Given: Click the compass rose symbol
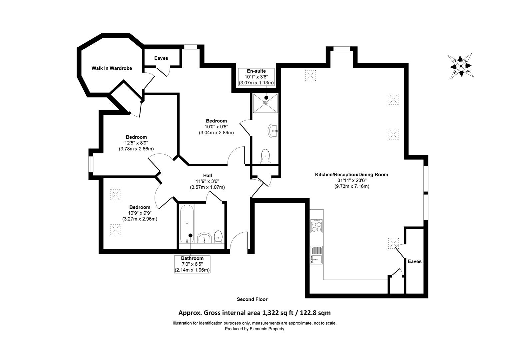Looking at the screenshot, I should [461, 66].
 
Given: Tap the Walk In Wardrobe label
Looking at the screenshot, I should [112, 68].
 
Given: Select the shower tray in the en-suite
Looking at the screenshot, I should [265, 103].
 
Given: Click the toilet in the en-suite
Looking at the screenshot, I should [265, 156].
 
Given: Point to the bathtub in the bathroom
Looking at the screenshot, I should [187, 224].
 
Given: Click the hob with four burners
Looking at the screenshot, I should [316, 226].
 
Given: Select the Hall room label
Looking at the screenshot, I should [208, 176].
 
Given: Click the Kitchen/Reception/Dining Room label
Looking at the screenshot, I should [351, 174].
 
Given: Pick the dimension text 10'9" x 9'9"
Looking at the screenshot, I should [140, 213].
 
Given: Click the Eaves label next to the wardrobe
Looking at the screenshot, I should [161, 58].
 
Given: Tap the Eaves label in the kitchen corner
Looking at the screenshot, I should [415, 261].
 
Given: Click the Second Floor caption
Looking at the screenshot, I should [252, 299].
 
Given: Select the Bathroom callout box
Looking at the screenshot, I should [192, 264].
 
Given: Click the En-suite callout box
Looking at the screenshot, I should [256, 77].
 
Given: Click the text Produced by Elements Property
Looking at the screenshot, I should [254, 329].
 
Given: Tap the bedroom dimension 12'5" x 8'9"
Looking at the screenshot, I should [136, 143].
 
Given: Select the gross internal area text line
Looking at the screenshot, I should [254, 313].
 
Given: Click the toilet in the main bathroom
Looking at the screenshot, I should [218, 236].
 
